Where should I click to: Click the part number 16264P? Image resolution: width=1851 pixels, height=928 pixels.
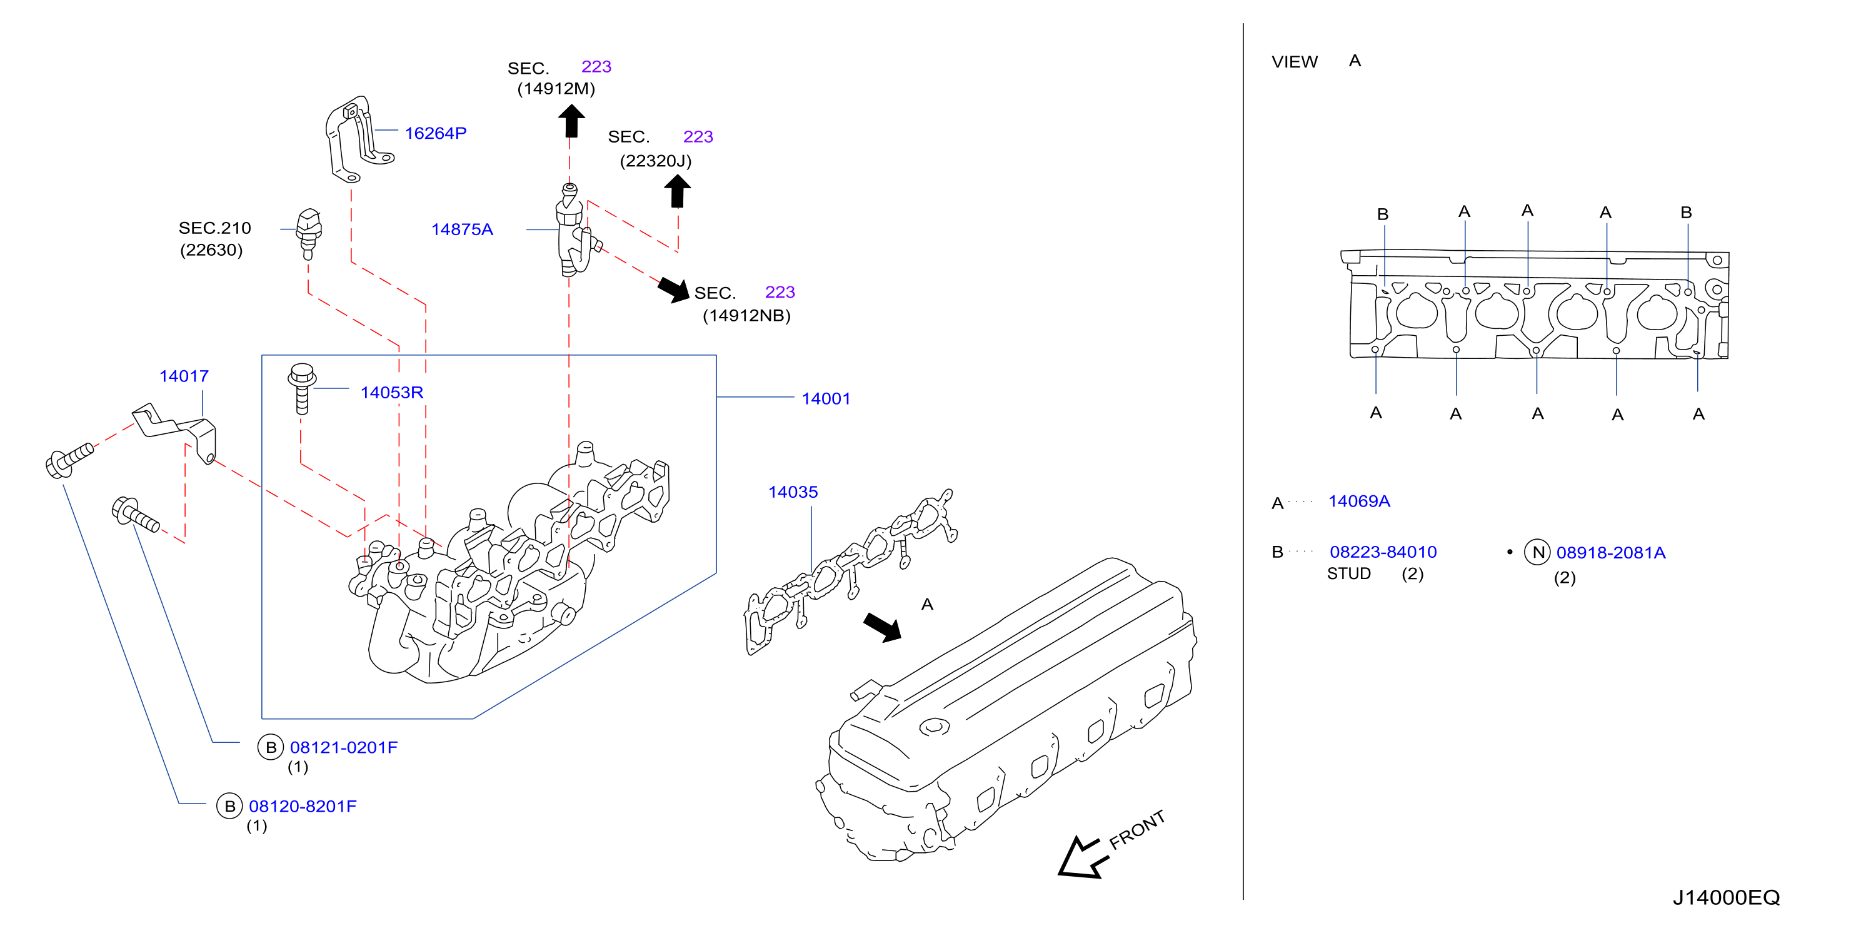click(436, 133)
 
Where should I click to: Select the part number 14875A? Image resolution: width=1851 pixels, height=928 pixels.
click(462, 229)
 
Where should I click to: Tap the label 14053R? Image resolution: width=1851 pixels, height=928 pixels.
click(391, 393)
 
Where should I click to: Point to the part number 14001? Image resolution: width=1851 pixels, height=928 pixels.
click(826, 399)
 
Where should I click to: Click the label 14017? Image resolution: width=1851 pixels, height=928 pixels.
click(184, 376)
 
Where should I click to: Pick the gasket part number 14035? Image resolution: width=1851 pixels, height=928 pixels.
click(793, 492)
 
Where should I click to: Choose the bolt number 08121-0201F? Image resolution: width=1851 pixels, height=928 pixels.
click(343, 747)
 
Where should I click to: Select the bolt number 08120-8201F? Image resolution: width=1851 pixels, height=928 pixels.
click(303, 807)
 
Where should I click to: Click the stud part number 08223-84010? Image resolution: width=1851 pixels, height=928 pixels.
click(1383, 552)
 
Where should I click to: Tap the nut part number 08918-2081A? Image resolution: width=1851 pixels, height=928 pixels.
click(1610, 553)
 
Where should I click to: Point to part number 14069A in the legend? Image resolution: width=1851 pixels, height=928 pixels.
click(1359, 501)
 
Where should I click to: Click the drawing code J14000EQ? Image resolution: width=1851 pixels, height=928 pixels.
click(1726, 898)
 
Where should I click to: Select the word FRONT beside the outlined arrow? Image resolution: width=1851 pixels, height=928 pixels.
click(1136, 830)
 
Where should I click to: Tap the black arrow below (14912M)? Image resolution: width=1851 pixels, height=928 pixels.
click(571, 121)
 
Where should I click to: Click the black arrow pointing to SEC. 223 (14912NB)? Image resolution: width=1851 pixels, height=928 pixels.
click(674, 290)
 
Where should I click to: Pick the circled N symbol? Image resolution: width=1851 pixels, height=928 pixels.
click(1538, 552)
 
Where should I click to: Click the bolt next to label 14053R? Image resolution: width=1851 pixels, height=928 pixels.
click(302, 388)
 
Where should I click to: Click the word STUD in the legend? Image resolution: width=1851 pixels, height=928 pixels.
click(1349, 573)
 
